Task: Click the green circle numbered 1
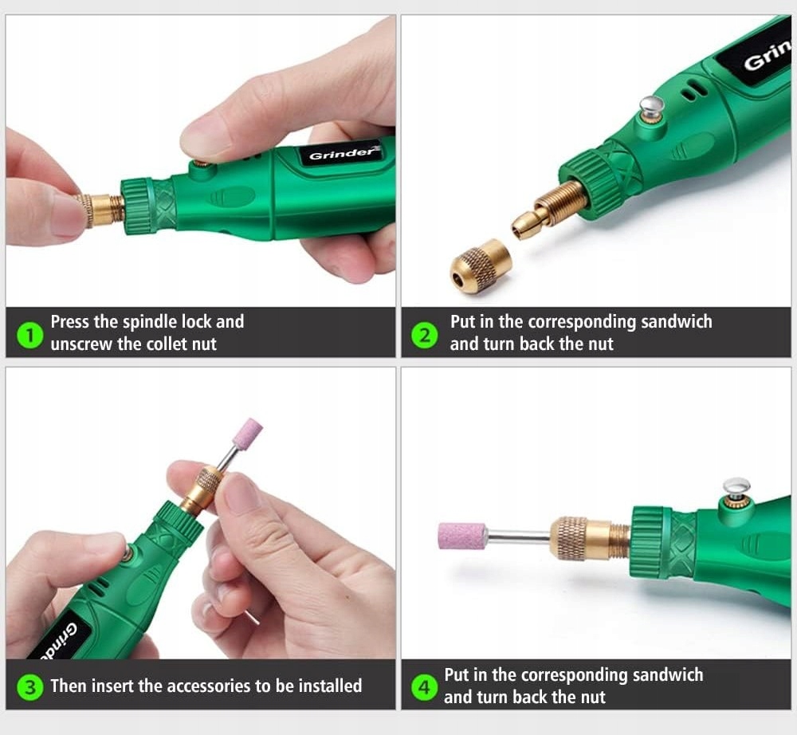(x=29, y=335)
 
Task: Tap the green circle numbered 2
(x=424, y=335)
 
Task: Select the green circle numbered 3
(x=29, y=686)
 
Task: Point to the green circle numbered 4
(x=424, y=686)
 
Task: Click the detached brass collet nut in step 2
(x=479, y=265)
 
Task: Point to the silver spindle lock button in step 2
(x=653, y=106)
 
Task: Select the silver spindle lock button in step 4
(x=736, y=486)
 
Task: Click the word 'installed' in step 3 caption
(x=330, y=686)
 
